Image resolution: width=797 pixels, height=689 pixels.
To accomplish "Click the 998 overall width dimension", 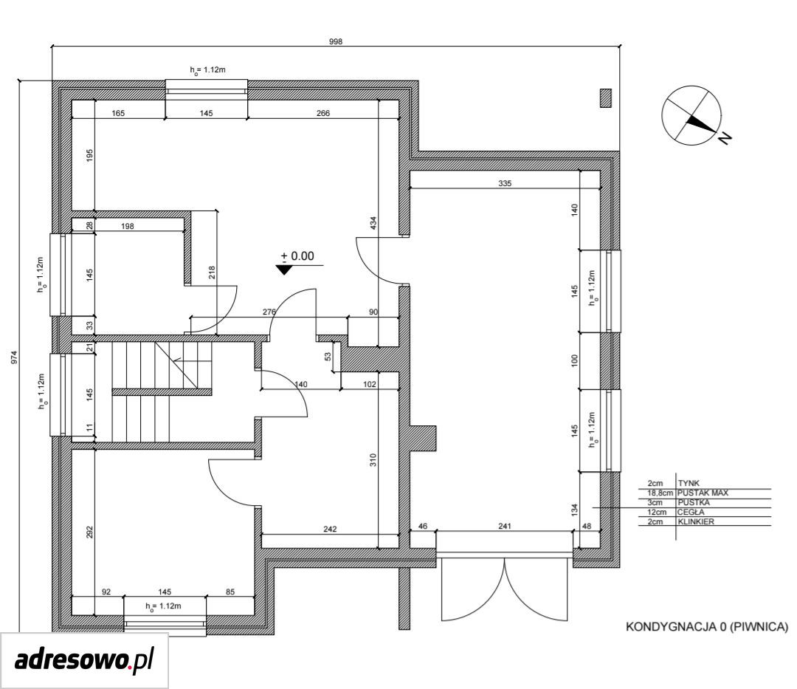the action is coord(336,41).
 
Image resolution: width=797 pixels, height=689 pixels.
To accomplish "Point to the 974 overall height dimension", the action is coord(14,357).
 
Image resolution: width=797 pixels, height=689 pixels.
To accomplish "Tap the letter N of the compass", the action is coord(725,137).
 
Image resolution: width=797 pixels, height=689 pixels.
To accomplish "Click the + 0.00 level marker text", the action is coord(297,256).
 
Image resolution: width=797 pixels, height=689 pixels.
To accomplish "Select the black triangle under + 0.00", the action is coord(284,270).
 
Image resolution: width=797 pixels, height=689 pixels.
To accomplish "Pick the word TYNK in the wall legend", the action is coord(689,483).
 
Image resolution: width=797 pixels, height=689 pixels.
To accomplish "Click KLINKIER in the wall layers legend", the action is coord(696,521).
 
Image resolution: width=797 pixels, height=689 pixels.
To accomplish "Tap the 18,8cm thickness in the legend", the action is coord(660,493).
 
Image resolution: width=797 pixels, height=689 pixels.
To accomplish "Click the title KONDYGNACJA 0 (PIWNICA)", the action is coord(706,626).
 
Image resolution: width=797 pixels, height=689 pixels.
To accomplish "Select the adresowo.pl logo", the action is coord(84,660).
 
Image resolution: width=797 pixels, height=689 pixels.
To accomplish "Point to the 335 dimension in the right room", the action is coord(505,184).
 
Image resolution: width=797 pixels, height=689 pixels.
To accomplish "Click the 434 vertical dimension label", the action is coord(373,223).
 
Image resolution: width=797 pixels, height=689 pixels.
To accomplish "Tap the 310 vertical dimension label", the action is coord(373,460).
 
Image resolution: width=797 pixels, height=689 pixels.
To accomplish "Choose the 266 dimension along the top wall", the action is coord(323,114).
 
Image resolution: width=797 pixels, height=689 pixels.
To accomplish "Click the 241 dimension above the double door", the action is coord(505,527).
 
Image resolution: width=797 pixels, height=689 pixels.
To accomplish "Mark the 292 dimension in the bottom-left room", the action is coord(90,532).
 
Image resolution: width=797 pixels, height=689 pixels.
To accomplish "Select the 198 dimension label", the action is coord(128,226).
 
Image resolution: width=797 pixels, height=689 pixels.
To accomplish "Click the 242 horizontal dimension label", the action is coord(330,529).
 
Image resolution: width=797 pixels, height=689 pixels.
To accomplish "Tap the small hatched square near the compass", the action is coord(606,97).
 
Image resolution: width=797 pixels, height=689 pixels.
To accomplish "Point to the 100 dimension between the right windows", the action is coord(575,361).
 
